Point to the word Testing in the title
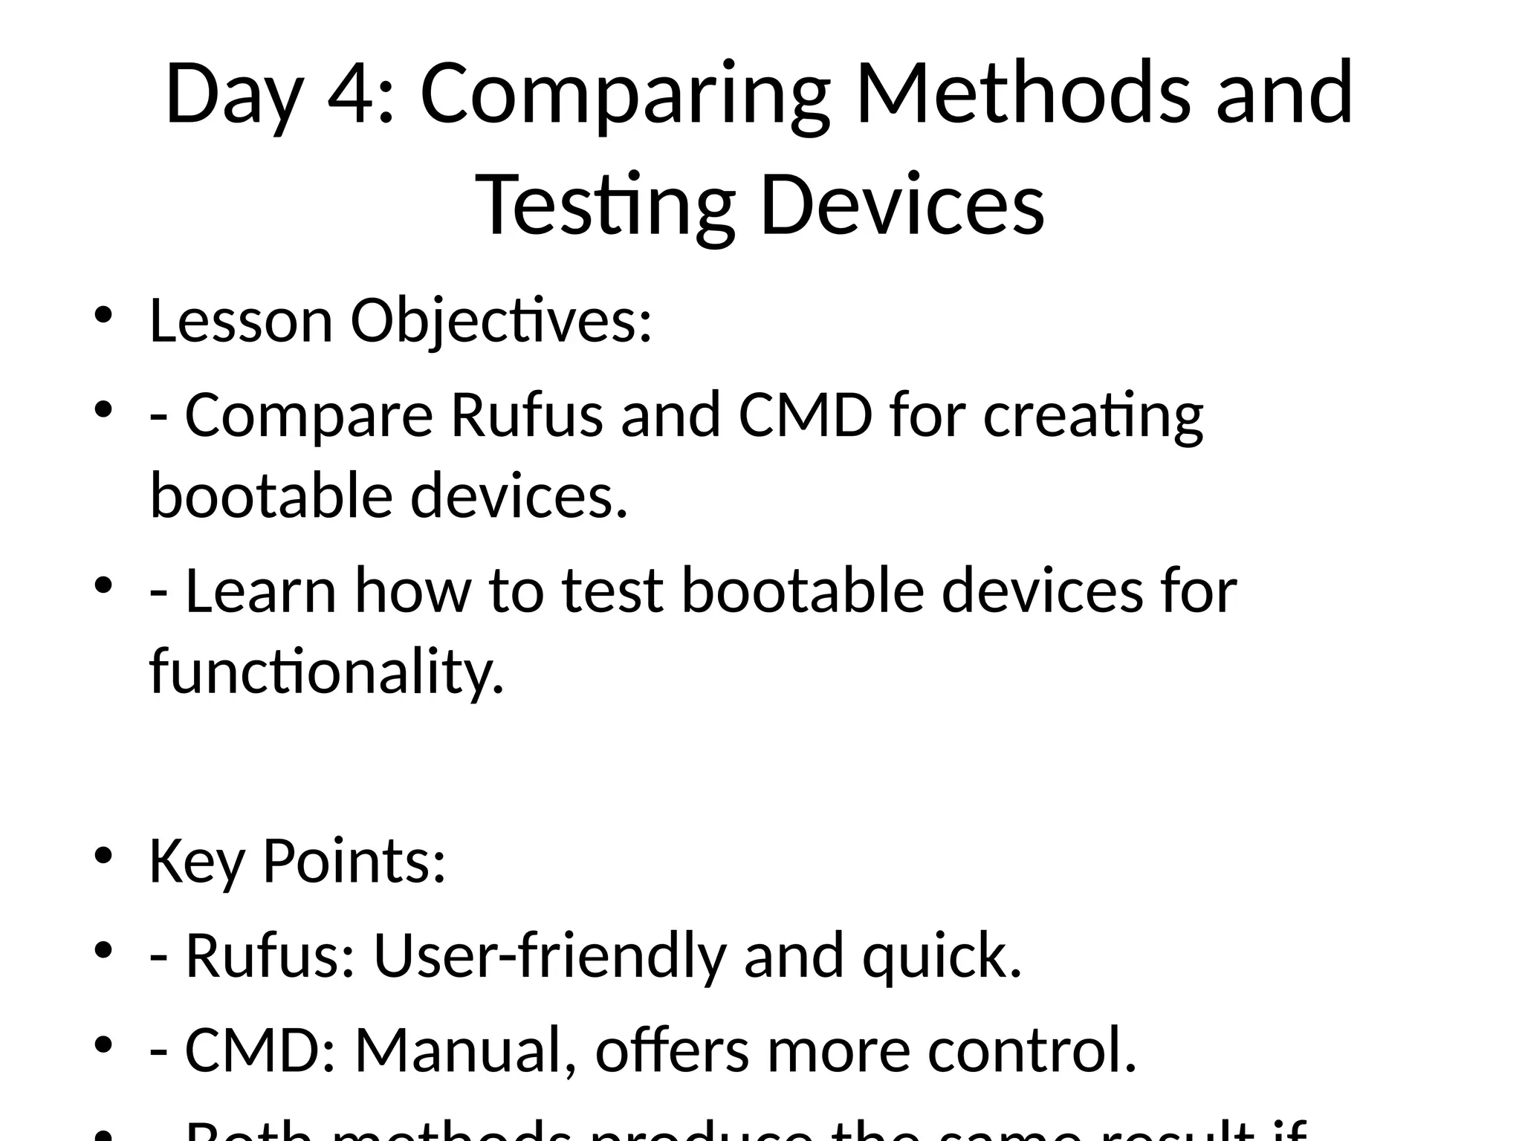pyautogui.click(x=606, y=204)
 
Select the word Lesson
pyautogui.click(x=241, y=321)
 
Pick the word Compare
pyautogui.click(x=308, y=416)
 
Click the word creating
pyautogui.click(x=1093, y=416)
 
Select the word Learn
pyautogui.click(x=260, y=591)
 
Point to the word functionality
pyautogui.click(x=327, y=671)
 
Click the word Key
pyautogui.click(x=196, y=862)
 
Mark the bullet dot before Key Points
pyautogui.click(x=103, y=854)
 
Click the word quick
pyautogui.click(x=942, y=957)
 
